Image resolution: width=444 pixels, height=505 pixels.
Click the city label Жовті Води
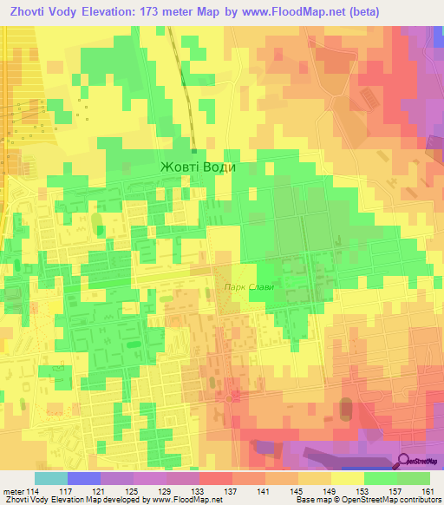pyautogui.click(x=198, y=167)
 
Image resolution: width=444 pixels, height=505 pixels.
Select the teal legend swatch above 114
pyautogui.click(x=50, y=478)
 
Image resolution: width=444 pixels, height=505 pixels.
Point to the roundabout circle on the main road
pyautogui.click(x=230, y=398)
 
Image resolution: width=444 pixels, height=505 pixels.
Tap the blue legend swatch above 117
pyautogui.click(x=83, y=478)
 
